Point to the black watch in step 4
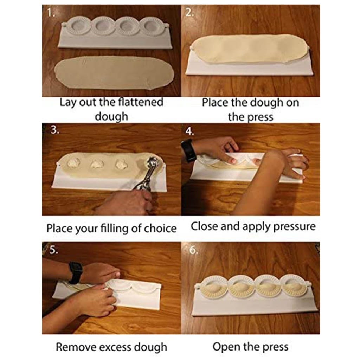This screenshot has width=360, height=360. pos(188,150)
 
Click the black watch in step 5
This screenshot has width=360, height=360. pos(76,272)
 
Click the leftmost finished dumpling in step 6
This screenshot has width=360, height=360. pos(214,287)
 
